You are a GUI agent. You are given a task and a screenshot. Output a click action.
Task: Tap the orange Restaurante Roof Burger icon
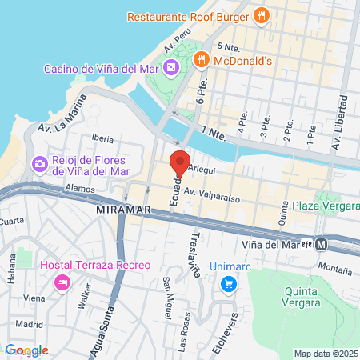click(x=260, y=15)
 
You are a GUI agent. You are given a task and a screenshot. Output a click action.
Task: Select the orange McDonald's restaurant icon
click(x=201, y=59)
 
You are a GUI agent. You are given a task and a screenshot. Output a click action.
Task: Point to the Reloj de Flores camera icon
click(x=38, y=164)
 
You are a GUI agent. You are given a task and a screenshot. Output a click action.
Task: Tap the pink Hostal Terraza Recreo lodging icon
click(x=62, y=282)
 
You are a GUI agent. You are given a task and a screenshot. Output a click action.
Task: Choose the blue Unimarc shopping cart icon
click(x=229, y=282)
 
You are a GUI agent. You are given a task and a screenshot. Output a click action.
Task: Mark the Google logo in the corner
click(x=26, y=350)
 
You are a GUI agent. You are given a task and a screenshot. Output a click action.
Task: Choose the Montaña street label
click(x=334, y=262)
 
